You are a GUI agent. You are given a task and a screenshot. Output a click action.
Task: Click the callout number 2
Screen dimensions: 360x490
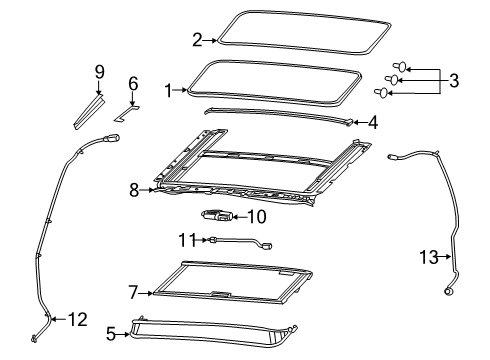[x=197, y=40]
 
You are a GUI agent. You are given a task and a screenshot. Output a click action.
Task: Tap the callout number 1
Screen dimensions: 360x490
[x=169, y=88]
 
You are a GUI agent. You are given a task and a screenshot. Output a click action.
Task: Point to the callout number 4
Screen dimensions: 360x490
[x=372, y=124]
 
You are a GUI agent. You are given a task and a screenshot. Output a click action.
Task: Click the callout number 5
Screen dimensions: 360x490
[x=113, y=336]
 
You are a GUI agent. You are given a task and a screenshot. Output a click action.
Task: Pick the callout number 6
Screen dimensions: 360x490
[x=132, y=84]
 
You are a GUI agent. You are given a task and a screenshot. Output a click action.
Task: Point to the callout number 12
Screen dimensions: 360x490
[x=78, y=320]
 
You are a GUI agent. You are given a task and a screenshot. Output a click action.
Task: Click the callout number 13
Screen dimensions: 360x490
[x=428, y=257]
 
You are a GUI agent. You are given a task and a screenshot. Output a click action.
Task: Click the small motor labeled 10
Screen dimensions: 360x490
[x=217, y=214]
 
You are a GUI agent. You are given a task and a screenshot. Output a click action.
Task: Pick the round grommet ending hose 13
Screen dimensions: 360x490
[x=448, y=291]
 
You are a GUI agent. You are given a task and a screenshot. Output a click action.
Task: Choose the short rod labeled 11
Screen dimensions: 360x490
[x=240, y=241]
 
